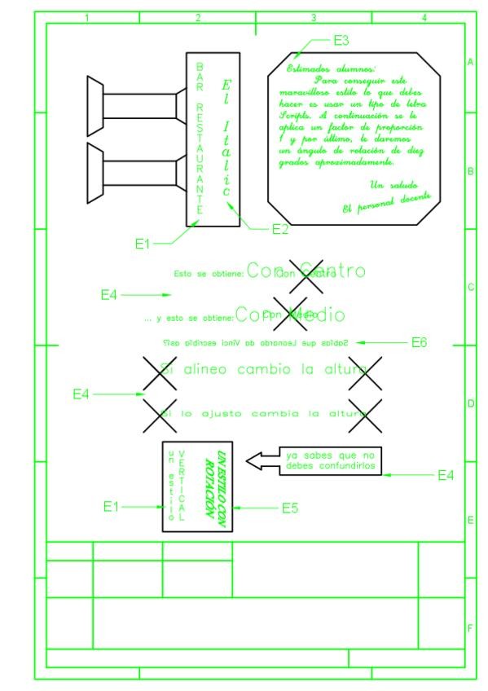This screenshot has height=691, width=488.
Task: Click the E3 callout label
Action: coord(341,39)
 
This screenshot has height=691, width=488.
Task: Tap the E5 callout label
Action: coord(290,508)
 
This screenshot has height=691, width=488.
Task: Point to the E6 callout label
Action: coord(418,343)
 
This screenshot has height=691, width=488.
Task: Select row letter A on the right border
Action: coord(470,62)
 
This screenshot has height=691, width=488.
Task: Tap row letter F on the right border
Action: coord(470,627)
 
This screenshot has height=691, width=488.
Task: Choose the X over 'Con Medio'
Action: coord(290,314)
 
